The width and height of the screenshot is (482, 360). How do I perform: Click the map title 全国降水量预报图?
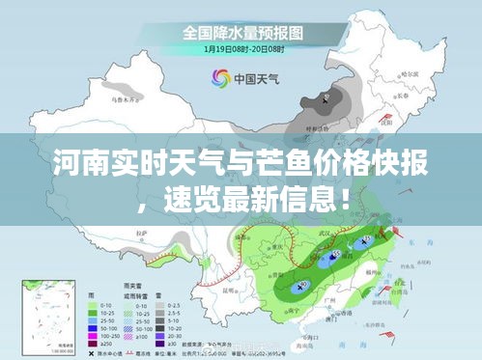241,32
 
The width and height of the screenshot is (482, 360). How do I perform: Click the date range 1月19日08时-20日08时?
241,48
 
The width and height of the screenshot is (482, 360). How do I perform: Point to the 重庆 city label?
281,247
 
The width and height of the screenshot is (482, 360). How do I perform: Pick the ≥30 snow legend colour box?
154,344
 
